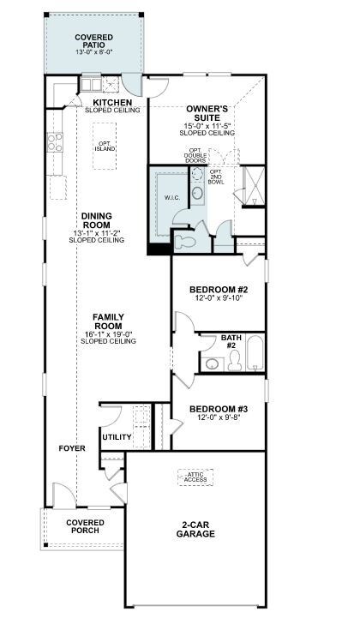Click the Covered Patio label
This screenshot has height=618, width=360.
pos(93,41)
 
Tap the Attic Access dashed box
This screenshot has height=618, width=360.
pos(195,477)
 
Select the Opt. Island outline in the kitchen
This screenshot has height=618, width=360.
pos(105,146)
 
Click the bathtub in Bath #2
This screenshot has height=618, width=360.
pos(255,353)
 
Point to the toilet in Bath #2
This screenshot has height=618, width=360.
pos(235,361)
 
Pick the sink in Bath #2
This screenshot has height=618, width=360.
pos(212,364)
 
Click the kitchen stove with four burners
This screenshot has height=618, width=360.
pos(55,142)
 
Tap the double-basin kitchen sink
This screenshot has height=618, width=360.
pos(91,84)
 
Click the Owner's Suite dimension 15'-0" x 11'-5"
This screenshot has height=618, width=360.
pos(207,126)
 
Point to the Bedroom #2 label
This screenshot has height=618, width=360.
pos(219,290)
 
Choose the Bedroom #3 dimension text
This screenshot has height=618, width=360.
pos(219,417)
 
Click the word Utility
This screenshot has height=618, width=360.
pos(117,437)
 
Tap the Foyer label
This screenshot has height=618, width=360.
pos(72,448)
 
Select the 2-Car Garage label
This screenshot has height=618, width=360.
pos(195,530)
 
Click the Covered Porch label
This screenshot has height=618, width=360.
pos(85,526)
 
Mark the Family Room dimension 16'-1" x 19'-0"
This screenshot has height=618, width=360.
pos(108,334)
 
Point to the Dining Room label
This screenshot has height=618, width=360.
pos(97,220)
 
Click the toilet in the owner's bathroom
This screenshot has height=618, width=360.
pos(183,241)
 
